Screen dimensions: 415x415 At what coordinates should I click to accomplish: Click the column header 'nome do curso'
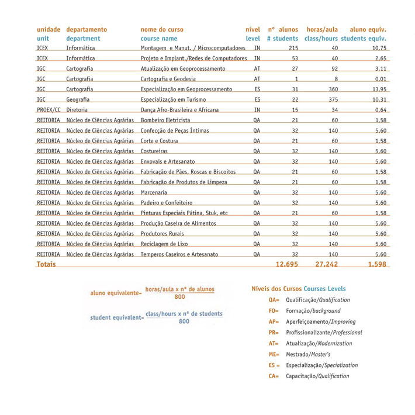tap(161, 29)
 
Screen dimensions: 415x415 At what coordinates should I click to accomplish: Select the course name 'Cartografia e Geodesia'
tap(168, 79)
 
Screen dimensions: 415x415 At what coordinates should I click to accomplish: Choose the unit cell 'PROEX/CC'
tap(49, 110)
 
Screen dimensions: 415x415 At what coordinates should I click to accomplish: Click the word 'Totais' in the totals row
tap(46, 264)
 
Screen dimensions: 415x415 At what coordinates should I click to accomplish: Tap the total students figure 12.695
tap(287, 264)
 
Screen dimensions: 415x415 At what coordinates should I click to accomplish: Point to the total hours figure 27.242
tap(327, 264)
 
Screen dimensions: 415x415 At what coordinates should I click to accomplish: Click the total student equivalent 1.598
tap(377, 264)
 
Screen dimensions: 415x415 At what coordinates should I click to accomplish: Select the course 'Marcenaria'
tap(154, 192)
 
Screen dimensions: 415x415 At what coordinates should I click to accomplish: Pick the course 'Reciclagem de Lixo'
tap(164, 244)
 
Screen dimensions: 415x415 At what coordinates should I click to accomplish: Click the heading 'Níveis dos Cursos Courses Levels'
tap(298, 289)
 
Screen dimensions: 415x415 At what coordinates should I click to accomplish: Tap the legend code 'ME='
tap(274, 354)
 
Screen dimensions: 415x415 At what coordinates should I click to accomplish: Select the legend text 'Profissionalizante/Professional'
tap(324, 333)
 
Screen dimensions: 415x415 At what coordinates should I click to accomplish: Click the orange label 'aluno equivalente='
tap(116, 293)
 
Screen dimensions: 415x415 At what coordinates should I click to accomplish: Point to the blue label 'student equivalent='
tap(117, 318)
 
